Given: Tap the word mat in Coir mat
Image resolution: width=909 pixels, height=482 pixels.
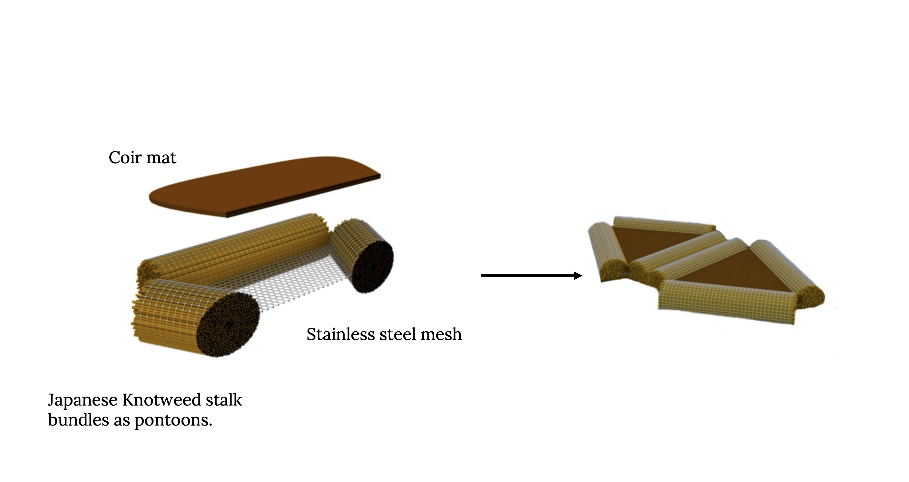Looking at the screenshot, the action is coord(161,157).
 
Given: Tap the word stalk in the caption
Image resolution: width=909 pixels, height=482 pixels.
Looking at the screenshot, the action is coord(224,400).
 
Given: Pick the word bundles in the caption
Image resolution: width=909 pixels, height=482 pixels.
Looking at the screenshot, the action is coord(78,420).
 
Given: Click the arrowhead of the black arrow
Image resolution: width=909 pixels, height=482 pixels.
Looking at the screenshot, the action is coord(578,276).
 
